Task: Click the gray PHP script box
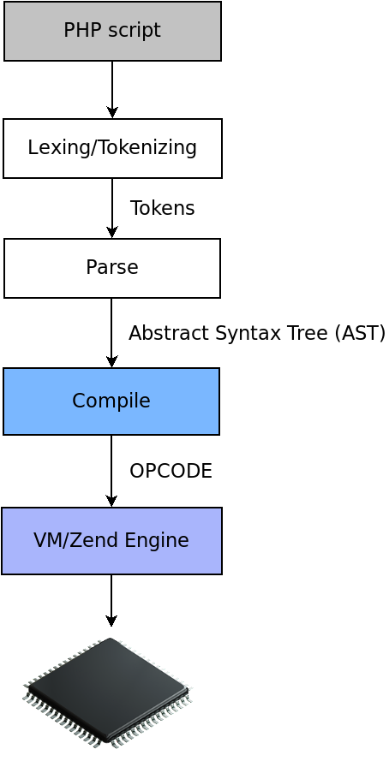click(112, 31)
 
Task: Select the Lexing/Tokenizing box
click(112, 148)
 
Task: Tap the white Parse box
click(112, 268)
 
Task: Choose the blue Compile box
click(111, 401)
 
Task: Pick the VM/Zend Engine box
click(111, 541)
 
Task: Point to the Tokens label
click(162, 208)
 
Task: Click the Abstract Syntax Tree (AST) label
click(257, 334)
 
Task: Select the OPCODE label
click(171, 471)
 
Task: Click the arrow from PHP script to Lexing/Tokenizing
click(112, 90)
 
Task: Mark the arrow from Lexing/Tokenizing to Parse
click(112, 208)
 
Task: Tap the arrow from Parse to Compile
click(111, 333)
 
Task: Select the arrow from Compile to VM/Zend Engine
click(111, 472)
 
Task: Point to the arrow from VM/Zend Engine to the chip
click(111, 601)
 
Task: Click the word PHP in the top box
click(82, 30)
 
